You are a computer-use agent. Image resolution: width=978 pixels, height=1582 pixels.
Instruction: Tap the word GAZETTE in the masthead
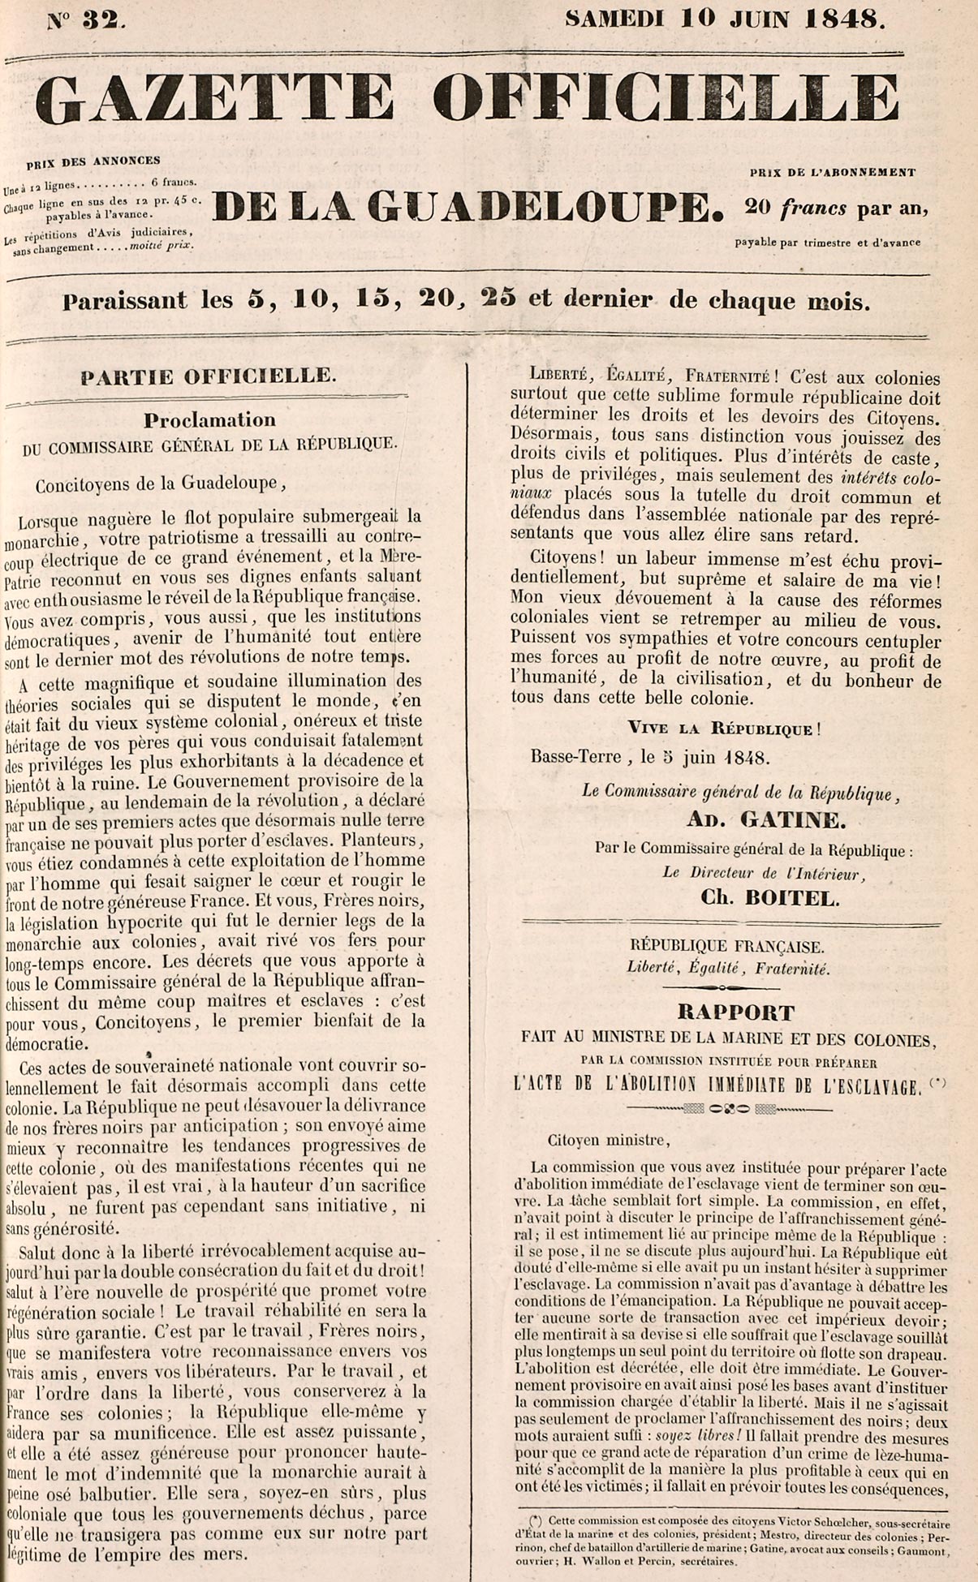(214, 100)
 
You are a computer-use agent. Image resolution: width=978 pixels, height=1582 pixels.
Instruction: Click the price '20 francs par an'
(836, 208)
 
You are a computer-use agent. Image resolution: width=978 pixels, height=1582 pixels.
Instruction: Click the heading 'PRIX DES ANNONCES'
(93, 161)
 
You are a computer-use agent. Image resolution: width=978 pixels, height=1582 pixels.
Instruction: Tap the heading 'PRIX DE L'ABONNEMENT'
(832, 172)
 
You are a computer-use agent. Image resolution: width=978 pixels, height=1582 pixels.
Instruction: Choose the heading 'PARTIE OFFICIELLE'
(207, 376)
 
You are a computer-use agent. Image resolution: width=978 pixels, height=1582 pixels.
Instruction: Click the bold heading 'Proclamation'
(209, 419)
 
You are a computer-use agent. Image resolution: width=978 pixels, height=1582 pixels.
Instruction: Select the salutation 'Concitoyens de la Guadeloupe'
(160, 484)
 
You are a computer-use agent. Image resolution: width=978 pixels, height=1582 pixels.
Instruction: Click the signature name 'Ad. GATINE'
(765, 820)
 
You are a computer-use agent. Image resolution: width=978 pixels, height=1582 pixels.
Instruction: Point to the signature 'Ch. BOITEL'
(770, 898)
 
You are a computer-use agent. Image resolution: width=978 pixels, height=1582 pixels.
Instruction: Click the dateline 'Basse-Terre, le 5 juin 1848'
(649, 757)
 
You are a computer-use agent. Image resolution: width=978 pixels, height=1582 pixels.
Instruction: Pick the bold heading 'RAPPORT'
(736, 1012)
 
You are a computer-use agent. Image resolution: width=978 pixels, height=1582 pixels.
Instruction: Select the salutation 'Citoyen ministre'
(609, 1141)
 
